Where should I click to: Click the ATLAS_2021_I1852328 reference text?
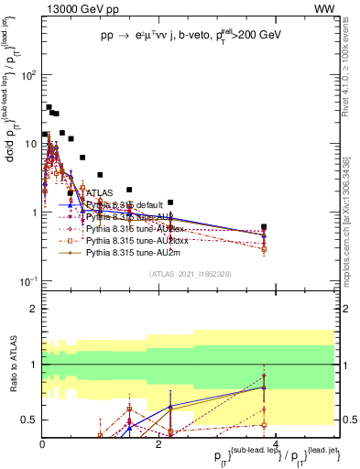point(190,274)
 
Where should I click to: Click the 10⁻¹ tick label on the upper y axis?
point(28,281)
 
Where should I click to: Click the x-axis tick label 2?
point(158,444)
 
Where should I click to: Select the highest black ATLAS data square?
point(49,107)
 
